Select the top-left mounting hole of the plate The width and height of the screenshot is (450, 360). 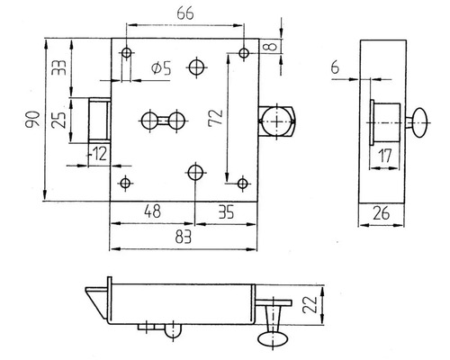[126, 54]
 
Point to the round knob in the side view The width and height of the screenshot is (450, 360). [420, 119]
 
